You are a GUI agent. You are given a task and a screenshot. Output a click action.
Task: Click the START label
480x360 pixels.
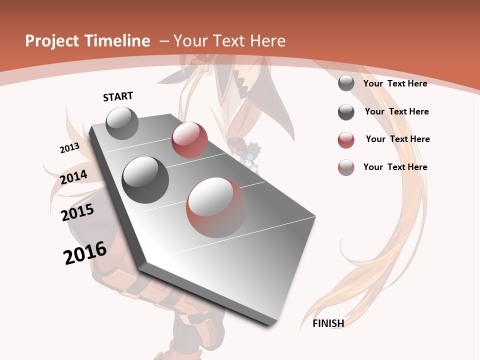coord(118,96)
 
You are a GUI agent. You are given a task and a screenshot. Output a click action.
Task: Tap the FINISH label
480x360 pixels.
coord(328,323)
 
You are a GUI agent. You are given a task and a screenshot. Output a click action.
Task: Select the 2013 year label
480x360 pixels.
coord(69,148)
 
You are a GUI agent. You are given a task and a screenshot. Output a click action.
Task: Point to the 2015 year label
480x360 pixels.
coord(77,212)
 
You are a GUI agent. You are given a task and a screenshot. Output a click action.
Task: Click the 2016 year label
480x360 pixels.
coord(85,253)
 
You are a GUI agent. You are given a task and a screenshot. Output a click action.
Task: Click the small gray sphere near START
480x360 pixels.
coord(122,123)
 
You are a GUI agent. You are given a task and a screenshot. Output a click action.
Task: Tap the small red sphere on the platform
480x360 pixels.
coord(189,140)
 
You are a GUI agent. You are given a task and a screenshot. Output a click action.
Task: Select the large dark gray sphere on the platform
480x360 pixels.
coord(145,180)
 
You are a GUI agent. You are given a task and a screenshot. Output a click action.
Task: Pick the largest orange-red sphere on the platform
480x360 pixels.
coord(216,207)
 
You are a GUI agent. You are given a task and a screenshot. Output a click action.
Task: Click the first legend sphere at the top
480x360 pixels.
coord(346,83)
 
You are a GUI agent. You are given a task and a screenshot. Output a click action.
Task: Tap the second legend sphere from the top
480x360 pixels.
coord(346,112)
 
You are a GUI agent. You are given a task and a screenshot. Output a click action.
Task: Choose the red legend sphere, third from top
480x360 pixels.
coord(346,140)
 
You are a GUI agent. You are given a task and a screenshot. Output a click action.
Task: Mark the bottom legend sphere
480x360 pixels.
coord(346,167)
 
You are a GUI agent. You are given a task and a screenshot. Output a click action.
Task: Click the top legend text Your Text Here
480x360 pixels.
coord(395,83)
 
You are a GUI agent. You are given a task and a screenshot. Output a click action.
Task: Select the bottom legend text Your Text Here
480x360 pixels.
coord(395,167)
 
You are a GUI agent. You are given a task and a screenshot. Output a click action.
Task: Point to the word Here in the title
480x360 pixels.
coord(268,41)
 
